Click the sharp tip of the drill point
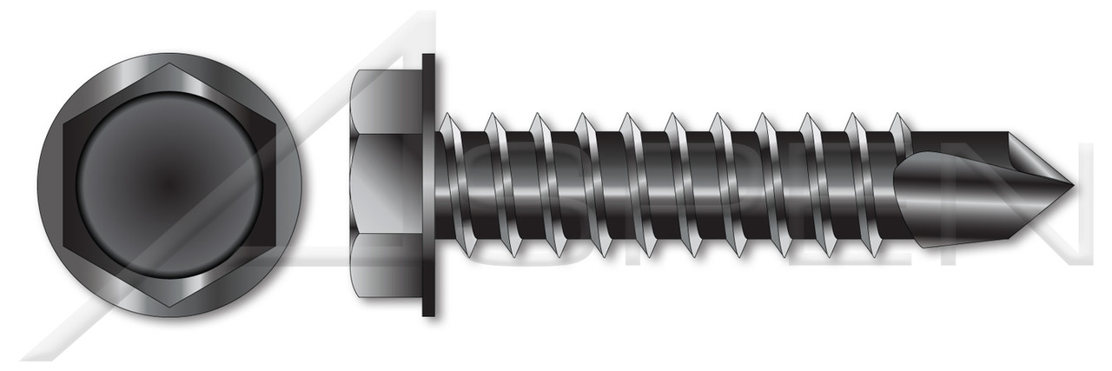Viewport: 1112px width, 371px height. coord(1072,185)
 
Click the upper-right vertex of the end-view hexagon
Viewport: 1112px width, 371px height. coord(274,124)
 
